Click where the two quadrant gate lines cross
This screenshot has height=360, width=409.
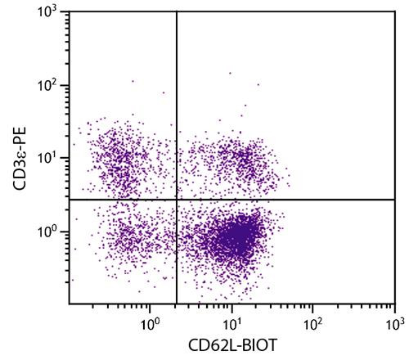(177, 199)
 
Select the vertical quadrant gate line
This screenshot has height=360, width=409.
(177, 98)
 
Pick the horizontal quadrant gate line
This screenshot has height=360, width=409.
(311, 199)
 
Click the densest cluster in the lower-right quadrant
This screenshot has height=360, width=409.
(236, 238)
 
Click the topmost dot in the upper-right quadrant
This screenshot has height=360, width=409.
(230, 73)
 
